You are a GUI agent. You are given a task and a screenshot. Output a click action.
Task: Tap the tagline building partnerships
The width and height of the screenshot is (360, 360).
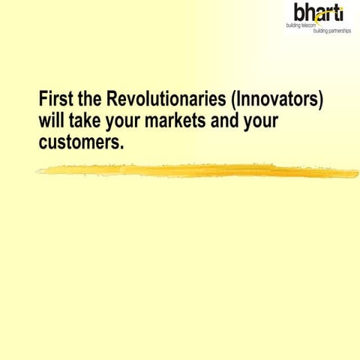coord(331,31)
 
